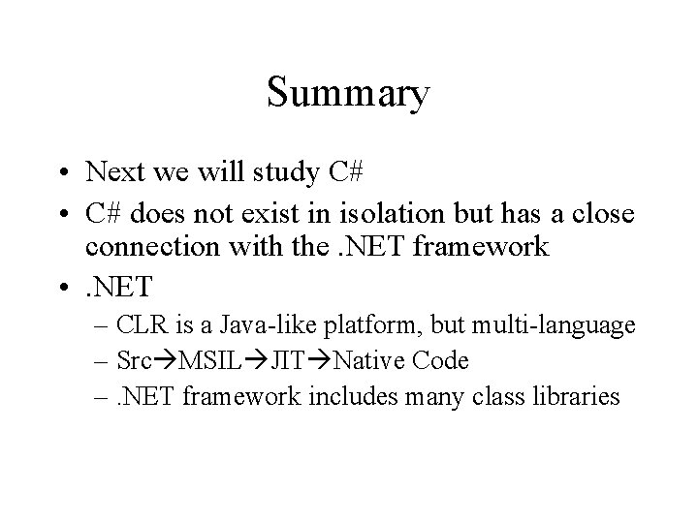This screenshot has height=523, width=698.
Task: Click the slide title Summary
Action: pyautogui.click(x=348, y=95)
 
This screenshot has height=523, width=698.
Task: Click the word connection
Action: pyautogui.click(x=144, y=247)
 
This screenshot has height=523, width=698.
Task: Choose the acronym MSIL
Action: pyautogui.click(x=201, y=361)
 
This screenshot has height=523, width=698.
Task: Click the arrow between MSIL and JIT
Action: pyautogui.click(x=255, y=362)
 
